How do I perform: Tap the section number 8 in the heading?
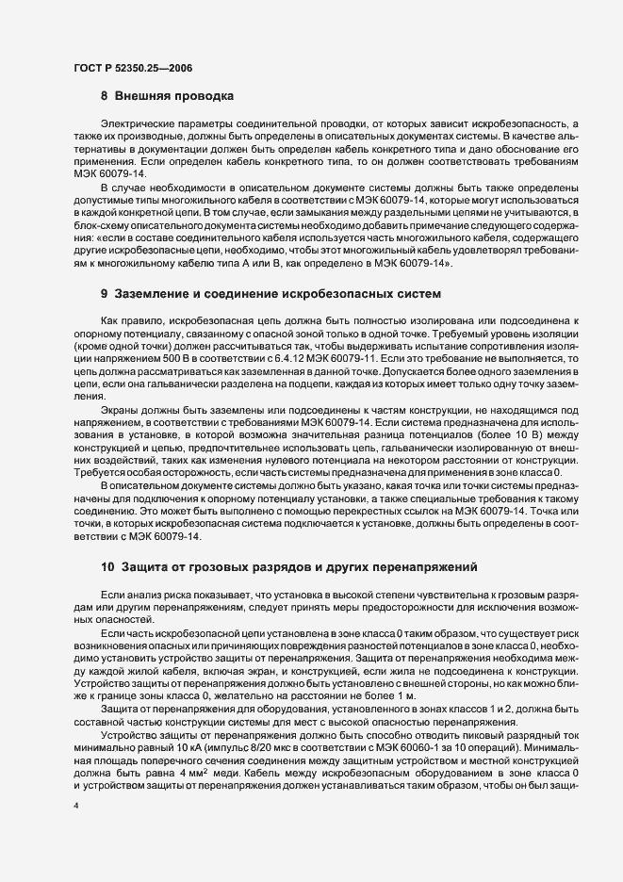(105, 96)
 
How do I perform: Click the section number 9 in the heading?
(105, 295)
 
